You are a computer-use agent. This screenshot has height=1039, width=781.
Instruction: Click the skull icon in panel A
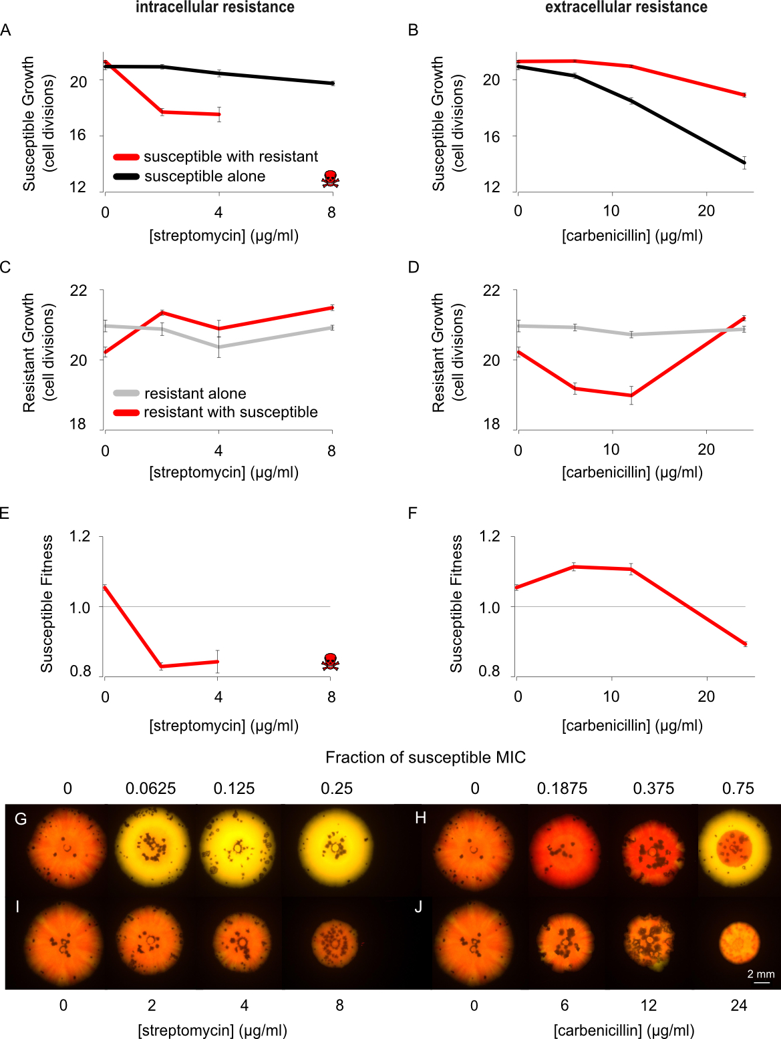pos(330,178)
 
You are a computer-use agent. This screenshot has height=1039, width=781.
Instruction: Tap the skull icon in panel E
pos(330,662)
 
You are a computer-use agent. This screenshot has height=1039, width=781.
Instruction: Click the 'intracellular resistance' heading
pos(215,7)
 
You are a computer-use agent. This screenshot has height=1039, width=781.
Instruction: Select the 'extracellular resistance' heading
pos(626,7)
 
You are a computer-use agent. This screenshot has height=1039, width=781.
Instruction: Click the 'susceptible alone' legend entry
pos(204,176)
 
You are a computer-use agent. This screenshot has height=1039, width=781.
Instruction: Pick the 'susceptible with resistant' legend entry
pos(230,156)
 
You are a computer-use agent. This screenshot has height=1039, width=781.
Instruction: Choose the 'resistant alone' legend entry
pos(195,393)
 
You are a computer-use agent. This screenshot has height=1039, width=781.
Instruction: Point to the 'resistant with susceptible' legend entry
pos(230,412)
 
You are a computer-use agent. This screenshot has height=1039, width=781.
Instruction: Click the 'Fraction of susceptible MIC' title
pos(426,757)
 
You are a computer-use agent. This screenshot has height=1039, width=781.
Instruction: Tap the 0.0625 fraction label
pos(150,789)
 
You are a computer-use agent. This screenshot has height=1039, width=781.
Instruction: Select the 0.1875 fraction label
pos(562,789)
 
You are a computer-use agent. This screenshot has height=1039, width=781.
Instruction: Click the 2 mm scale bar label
pos(761,974)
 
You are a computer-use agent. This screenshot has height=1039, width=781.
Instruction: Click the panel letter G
pos(21,819)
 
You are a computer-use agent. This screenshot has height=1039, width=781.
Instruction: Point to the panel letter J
pos(418,907)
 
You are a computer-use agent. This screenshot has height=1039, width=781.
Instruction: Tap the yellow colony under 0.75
pos(738,849)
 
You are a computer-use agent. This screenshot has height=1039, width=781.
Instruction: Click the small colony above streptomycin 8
pos(337,942)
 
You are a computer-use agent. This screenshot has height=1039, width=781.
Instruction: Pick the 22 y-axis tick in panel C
pos(78,290)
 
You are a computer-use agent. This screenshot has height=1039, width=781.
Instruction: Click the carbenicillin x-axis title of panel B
pos(632,235)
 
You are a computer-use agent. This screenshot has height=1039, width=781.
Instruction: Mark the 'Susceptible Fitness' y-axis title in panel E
pos(47,603)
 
